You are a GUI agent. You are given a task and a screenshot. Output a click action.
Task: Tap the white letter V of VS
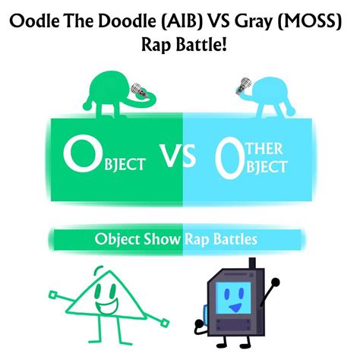[x=171, y=157]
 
